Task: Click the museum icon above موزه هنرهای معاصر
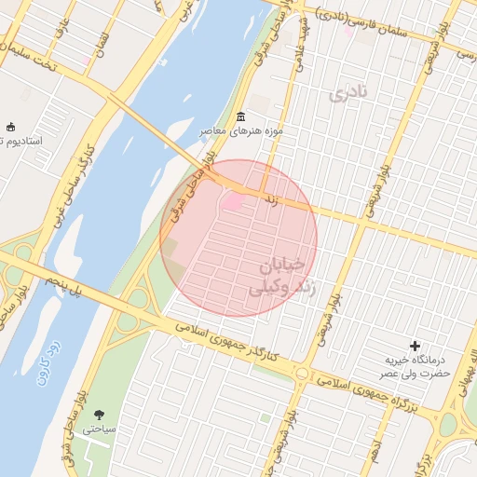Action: pyautogui.click(x=241, y=116)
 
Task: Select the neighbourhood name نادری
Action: pyautogui.click(x=348, y=92)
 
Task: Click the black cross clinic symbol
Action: pyautogui.click(x=415, y=346)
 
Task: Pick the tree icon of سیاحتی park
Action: pyautogui.click(x=99, y=415)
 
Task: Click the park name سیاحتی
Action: pyautogui.click(x=98, y=430)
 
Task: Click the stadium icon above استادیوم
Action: pyautogui.click(x=10, y=127)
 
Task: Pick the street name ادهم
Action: pyautogui.click(x=375, y=446)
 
